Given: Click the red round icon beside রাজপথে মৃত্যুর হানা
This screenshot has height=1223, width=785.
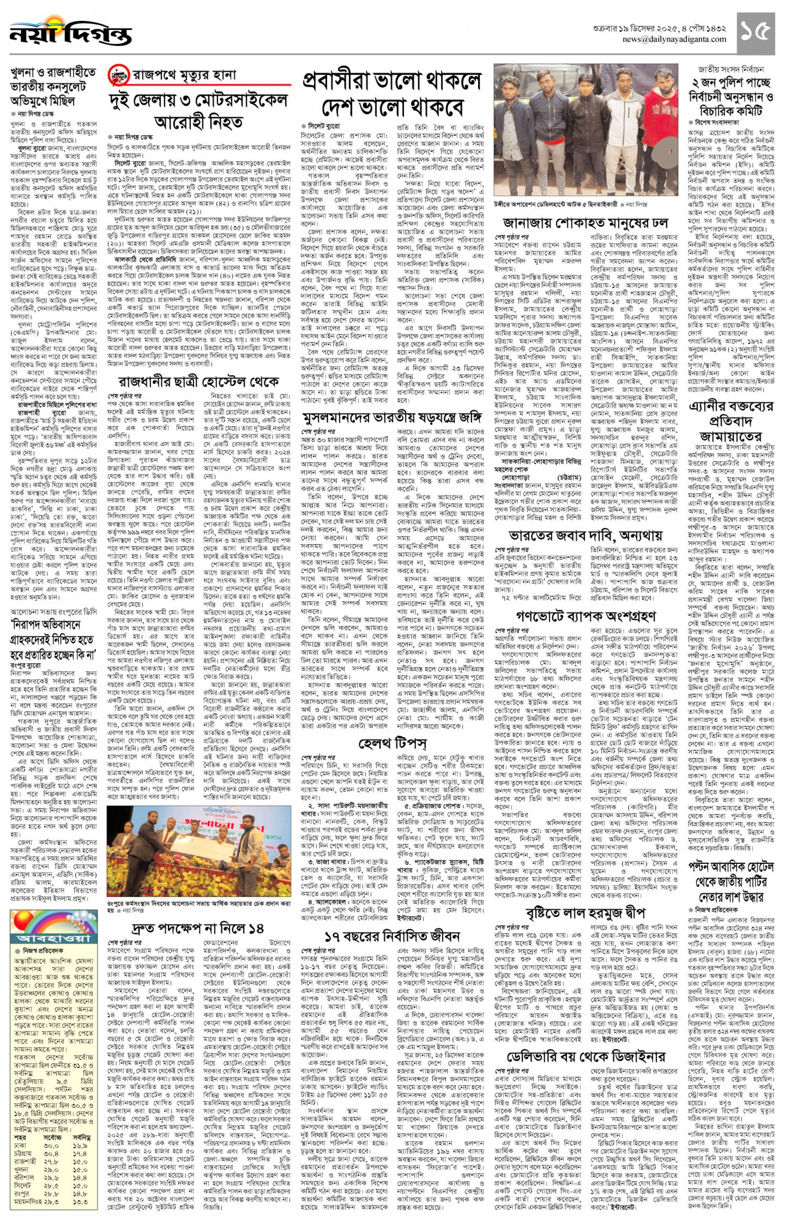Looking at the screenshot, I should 118,75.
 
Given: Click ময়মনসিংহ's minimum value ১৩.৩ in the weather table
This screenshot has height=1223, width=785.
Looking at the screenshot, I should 84,1214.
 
